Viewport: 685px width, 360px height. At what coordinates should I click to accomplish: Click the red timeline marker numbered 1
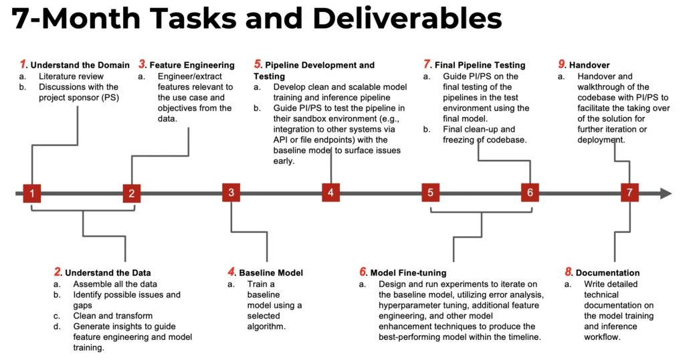[32, 193]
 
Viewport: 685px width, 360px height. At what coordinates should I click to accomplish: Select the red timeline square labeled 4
[330, 193]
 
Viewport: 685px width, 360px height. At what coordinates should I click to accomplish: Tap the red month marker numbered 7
[629, 193]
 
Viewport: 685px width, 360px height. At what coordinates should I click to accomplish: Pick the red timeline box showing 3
[231, 193]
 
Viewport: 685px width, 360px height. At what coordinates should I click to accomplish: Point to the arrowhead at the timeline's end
[666, 193]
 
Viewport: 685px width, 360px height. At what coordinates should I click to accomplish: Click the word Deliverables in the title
[407, 18]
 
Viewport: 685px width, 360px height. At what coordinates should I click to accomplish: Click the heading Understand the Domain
[80, 65]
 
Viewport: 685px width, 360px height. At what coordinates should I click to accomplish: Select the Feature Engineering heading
[192, 65]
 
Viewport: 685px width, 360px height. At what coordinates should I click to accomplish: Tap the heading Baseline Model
[271, 272]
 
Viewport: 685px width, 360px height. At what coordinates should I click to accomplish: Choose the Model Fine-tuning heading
[409, 272]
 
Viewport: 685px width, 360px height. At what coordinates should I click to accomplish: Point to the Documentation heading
[607, 272]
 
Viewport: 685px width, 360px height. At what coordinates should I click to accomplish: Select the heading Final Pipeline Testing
[480, 65]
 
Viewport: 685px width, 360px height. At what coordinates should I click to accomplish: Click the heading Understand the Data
[108, 272]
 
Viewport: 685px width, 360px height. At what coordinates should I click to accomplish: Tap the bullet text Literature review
[71, 76]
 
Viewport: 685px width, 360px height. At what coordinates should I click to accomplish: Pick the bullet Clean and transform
[112, 315]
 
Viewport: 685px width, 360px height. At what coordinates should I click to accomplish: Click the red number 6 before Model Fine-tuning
[363, 272]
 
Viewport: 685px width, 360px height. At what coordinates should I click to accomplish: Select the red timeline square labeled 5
[430, 193]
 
